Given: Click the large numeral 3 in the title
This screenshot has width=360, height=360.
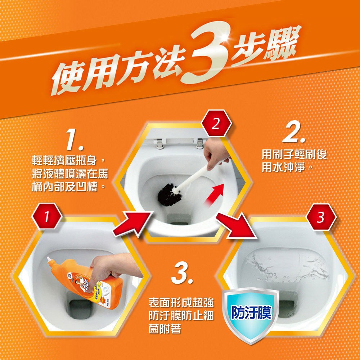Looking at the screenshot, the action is [x=208, y=54].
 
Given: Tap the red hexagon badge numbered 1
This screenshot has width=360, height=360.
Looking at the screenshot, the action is [x=47, y=216].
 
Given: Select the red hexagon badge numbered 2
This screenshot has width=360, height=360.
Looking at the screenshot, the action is [x=216, y=123].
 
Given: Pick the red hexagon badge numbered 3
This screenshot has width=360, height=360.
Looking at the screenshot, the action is [x=321, y=217].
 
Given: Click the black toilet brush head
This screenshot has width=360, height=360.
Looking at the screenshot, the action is [x=170, y=194].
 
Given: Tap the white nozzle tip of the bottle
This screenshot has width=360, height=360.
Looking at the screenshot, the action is [x=49, y=259].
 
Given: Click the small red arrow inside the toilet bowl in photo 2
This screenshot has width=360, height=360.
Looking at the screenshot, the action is [x=214, y=194].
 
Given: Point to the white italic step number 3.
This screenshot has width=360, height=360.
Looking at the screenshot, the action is [x=182, y=273].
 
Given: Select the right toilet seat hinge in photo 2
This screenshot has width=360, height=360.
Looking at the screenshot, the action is [x=200, y=144].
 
